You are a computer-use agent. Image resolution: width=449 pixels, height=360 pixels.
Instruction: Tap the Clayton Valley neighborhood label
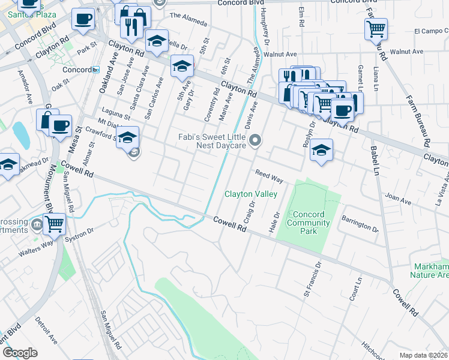point(251,194)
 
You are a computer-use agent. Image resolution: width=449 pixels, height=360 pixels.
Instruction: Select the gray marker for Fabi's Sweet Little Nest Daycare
point(256,141)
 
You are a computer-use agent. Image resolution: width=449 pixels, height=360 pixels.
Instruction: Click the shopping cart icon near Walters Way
point(54,224)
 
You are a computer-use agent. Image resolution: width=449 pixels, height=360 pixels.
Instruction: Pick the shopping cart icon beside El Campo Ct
point(376,28)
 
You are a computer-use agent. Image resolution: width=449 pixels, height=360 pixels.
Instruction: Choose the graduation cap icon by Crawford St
point(127,137)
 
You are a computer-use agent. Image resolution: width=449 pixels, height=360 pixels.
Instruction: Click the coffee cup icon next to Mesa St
point(60,125)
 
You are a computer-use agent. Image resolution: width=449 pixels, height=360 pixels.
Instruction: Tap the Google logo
point(20,352)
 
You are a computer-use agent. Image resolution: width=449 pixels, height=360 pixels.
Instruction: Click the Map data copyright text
point(424,355)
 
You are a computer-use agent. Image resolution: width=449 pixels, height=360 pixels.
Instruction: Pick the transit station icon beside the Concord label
point(95,70)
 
